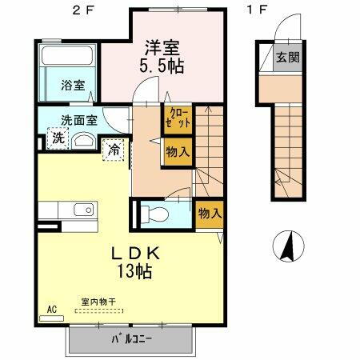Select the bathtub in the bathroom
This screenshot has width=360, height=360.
[68, 58]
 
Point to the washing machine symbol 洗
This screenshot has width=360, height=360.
[58, 138]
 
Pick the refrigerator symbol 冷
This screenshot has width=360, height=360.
[115, 148]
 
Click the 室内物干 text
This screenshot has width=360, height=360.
[98, 302]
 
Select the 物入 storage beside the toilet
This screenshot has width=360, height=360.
[210, 214]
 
